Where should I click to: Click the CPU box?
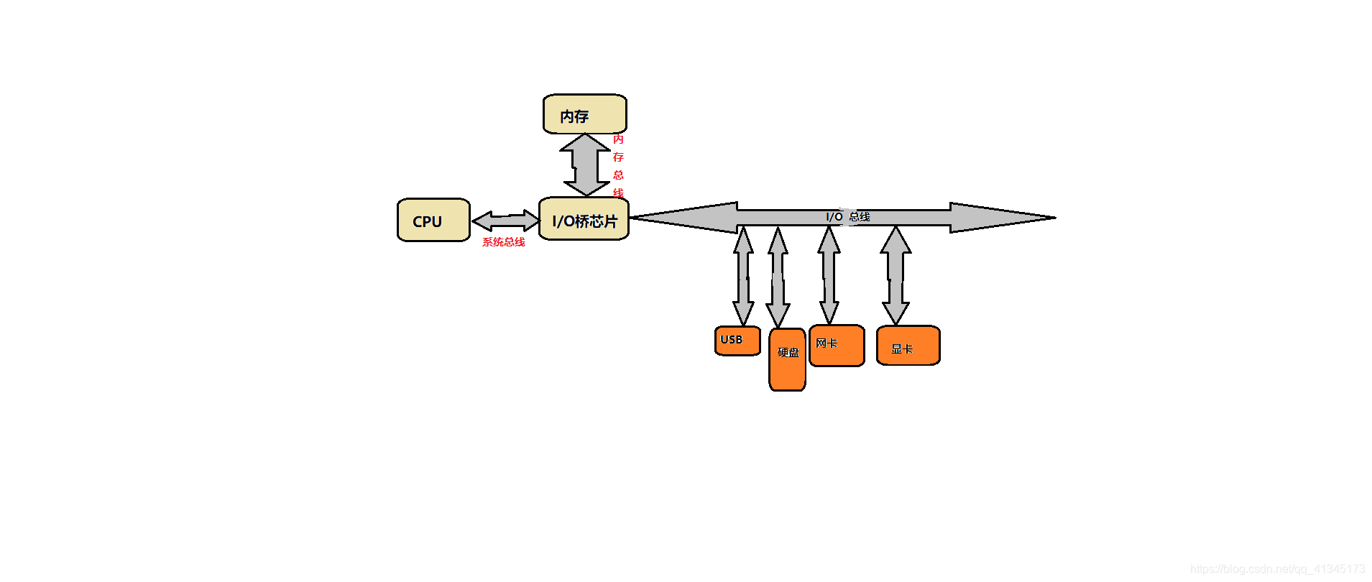[433, 220]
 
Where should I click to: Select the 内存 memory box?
[584, 114]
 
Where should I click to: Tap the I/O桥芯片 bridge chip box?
[584, 219]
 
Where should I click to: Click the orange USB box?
[737, 341]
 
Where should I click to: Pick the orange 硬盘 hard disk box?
[787, 359]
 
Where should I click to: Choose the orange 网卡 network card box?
[837, 346]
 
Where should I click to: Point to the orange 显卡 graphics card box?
[908, 346]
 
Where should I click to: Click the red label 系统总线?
[503, 242]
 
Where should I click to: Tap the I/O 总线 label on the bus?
[848, 216]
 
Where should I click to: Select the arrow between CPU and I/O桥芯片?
[505, 221]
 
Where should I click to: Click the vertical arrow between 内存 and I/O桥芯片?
[586, 165]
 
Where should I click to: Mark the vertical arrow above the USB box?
[743, 276]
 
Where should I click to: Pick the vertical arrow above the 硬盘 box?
[778, 277]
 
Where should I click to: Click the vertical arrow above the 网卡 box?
[829, 275]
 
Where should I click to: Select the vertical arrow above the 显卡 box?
[896, 275]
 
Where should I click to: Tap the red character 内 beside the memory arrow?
[618, 139]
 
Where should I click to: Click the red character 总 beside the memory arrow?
[618, 175]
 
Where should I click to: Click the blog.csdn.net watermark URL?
[1277, 569]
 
